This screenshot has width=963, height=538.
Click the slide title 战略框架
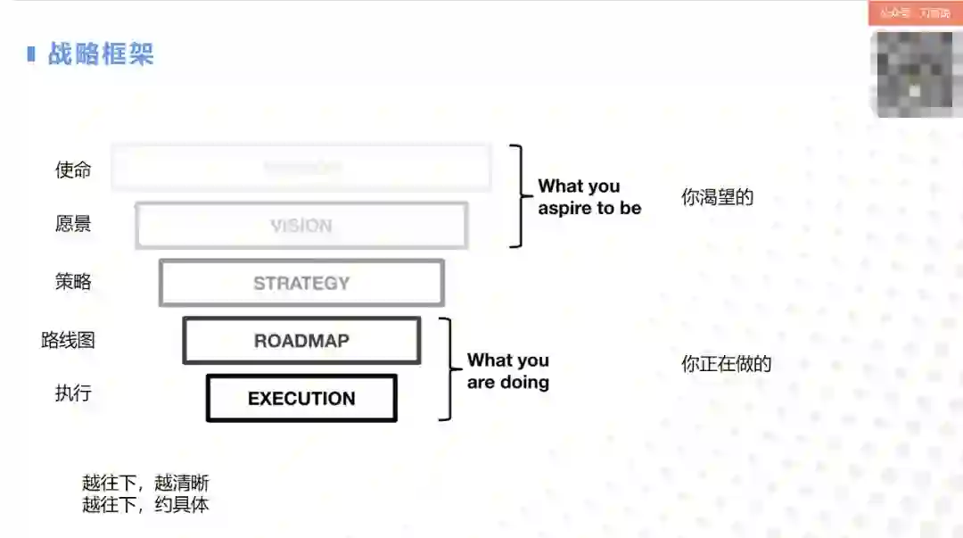(101, 54)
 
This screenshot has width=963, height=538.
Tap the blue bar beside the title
(31, 54)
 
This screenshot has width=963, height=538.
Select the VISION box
(301, 226)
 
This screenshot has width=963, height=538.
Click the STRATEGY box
(301, 283)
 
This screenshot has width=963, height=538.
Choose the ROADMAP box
(301, 341)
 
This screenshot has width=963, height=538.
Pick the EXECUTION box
(301, 399)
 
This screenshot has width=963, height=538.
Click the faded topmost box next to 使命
(301, 168)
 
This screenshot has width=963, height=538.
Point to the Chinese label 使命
(73, 170)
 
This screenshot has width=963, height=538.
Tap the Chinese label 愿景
(73, 224)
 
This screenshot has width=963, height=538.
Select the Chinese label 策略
(73, 282)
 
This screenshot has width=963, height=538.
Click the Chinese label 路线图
(68, 340)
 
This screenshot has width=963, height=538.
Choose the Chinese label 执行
(73, 393)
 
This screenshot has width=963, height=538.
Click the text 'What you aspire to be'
(588, 197)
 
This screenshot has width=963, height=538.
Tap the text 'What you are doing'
(508, 371)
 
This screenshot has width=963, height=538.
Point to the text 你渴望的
(717, 197)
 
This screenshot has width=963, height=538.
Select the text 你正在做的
(726, 364)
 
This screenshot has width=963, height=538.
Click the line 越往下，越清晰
(145, 484)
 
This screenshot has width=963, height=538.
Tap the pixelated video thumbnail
(915, 73)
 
